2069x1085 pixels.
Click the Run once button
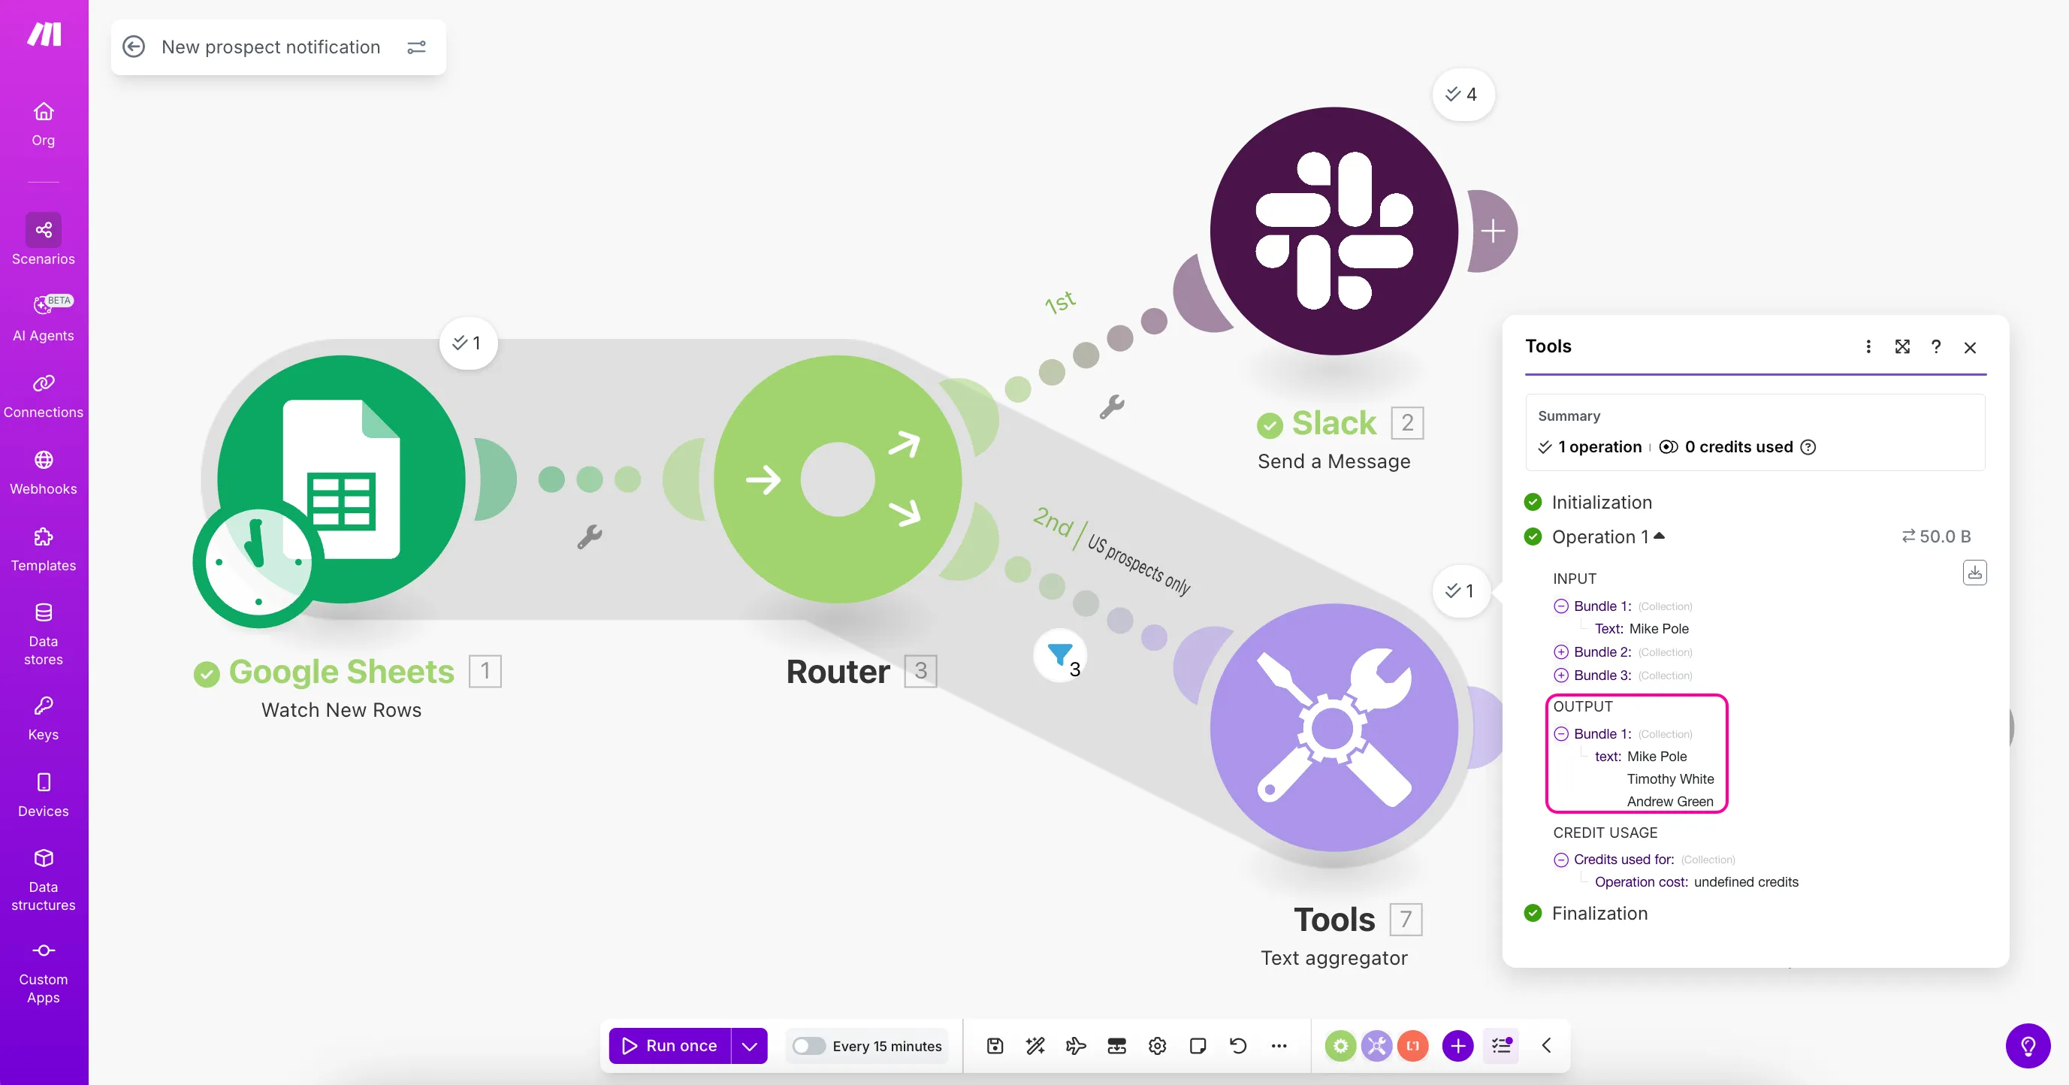[670, 1046]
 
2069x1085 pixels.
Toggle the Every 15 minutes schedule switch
[808, 1046]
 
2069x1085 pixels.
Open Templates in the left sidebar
[44, 549]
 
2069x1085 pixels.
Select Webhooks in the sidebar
[44, 473]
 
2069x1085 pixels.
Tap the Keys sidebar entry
[44, 719]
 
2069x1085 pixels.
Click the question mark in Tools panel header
[1936, 346]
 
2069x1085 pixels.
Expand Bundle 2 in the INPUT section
[1560, 652]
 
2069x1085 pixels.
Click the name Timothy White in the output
[1670, 779]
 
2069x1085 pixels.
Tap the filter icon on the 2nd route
[1060, 655]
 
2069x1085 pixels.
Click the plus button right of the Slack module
[1493, 231]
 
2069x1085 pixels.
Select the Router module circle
[838, 479]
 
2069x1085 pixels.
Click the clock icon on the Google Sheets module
[258, 562]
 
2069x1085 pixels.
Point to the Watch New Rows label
[341, 710]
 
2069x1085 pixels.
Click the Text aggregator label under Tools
[1334, 958]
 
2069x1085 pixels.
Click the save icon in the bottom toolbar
[995, 1046]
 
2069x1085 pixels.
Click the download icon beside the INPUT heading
[1975, 573]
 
